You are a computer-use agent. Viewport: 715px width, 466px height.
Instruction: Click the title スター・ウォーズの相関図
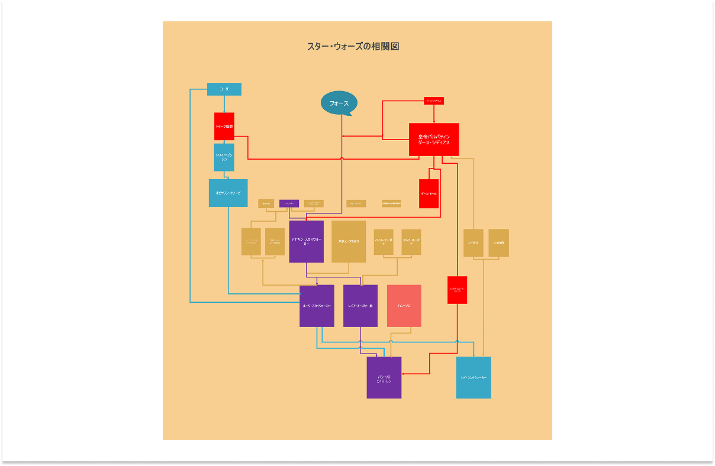pos(353,47)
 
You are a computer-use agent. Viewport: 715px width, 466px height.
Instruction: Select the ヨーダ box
pos(224,89)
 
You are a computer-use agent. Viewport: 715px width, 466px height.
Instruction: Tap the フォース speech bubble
pos(339,103)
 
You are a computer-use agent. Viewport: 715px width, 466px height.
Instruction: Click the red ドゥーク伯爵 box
pos(224,127)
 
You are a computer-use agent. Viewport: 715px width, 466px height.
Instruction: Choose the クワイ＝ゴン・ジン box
pos(224,157)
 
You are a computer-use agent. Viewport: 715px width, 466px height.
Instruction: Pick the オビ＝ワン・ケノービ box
pos(228,193)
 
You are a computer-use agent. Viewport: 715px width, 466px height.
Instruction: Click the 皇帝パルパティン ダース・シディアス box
pos(434,140)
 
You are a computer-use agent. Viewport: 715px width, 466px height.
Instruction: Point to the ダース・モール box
pos(429,193)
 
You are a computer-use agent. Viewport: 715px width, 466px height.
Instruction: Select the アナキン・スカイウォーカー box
pos(306,241)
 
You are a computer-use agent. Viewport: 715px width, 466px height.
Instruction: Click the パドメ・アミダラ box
pos(349,241)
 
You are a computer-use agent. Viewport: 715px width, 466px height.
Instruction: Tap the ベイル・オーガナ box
pos(384,242)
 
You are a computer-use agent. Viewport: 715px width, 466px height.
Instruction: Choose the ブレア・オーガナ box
pos(411,242)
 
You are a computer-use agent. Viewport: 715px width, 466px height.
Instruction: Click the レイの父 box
pos(473,242)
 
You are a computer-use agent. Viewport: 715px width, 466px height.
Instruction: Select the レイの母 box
pos(498,242)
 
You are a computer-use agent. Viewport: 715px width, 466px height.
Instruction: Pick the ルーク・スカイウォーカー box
pos(317,306)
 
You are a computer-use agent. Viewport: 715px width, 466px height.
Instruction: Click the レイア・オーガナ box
pos(360,306)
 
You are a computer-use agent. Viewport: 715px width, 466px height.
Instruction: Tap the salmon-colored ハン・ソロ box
pos(404,306)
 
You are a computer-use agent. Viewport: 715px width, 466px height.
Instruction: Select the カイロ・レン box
pos(384,377)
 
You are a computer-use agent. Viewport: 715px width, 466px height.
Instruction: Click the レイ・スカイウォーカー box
pos(474,377)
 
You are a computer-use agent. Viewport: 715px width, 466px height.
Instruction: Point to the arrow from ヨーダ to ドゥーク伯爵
pos(224,103)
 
